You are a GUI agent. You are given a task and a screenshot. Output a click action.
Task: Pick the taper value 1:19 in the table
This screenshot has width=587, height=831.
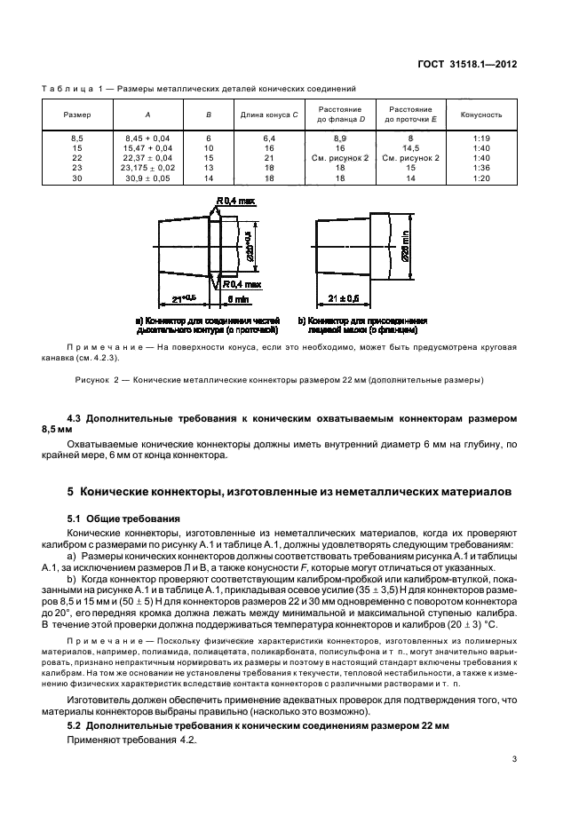481,138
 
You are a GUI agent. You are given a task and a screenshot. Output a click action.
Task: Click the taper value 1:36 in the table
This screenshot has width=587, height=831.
481,167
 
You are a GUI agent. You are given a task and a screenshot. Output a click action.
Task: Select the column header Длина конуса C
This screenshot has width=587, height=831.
268,115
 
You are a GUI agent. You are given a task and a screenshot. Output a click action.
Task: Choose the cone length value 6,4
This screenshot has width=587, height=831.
268,138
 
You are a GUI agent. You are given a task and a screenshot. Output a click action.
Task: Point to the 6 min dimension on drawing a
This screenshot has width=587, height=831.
234,300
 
